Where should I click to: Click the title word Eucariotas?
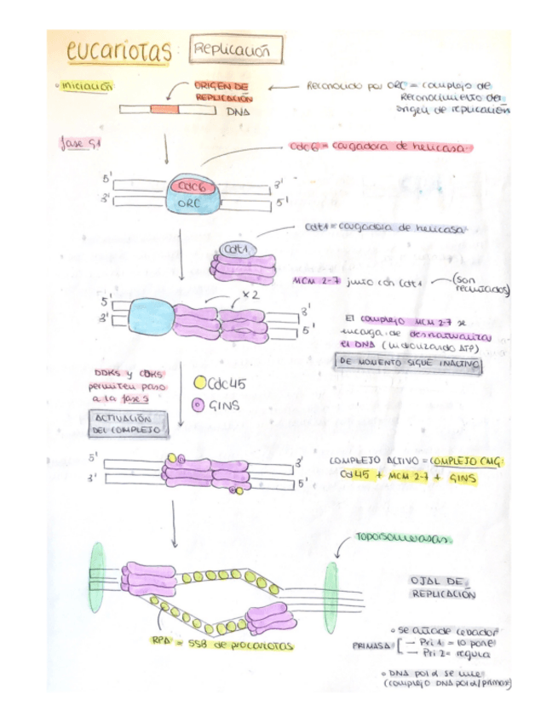tap(118, 52)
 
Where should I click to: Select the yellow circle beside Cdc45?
tap(200, 384)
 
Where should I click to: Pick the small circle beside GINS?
tap(200, 404)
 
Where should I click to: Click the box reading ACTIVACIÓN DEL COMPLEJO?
tap(124, 424)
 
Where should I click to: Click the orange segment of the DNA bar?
tap(164, 109)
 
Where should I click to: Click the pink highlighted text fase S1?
tap(81, 142)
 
